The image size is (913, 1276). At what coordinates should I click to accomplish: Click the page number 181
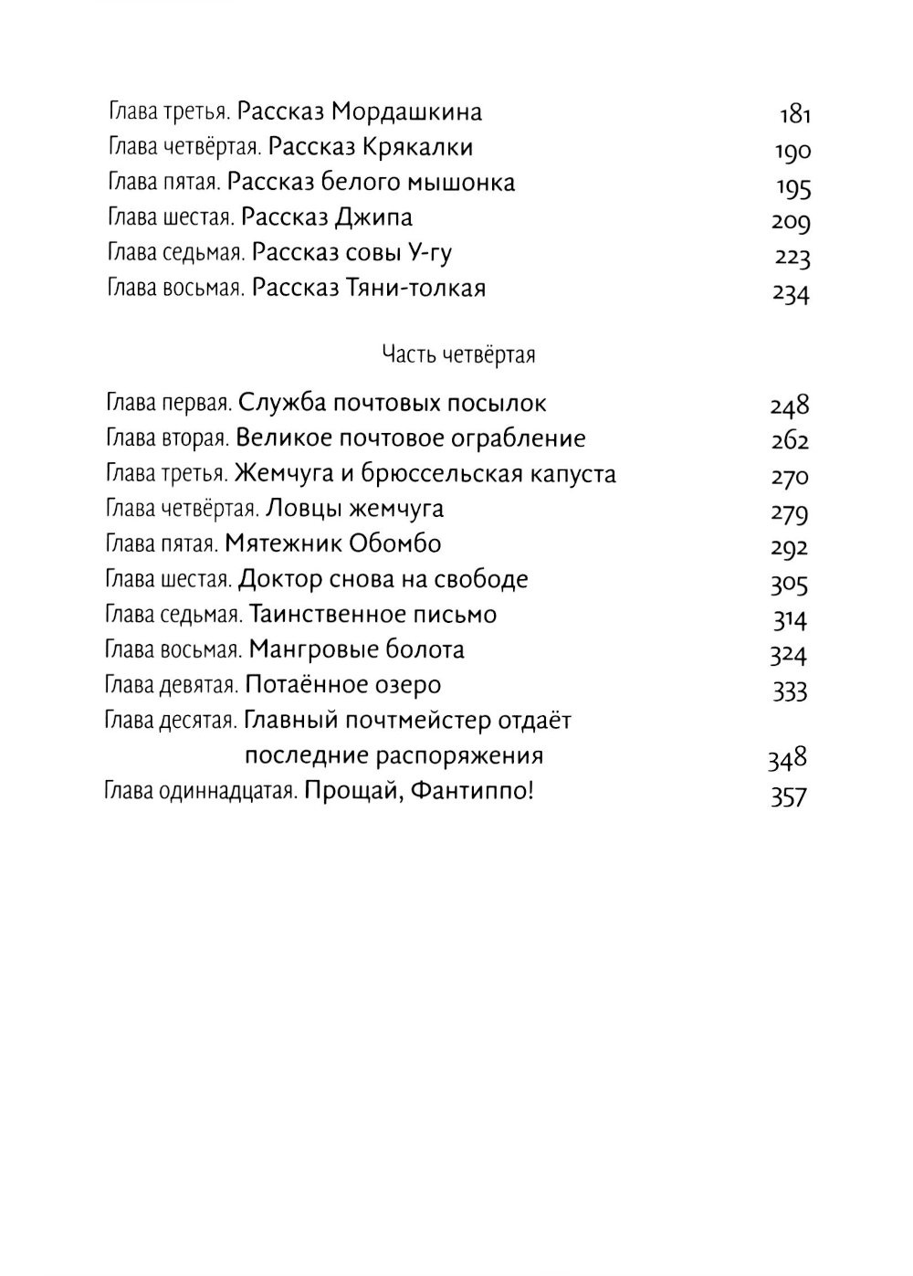click(x=794, y=114)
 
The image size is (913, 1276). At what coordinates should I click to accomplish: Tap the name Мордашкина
click(x=406, y=112)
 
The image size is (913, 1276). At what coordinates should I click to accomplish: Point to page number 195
click(x=793, y=188)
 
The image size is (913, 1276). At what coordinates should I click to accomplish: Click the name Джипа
click(x=374, y=217)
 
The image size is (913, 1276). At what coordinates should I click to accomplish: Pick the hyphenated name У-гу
click(x=428, y=253)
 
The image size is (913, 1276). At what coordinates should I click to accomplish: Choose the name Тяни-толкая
click(x=416, y=289)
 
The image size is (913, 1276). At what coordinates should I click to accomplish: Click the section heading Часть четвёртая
click(x=458, y=354)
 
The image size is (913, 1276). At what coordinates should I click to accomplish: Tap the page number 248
click(x=790, y=405)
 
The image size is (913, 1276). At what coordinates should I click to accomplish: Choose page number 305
click(x=790, y=583)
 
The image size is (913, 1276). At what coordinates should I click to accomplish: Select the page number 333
click(x=790, y=691)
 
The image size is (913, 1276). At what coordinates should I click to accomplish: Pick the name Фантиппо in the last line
click(x=467, y=791)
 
